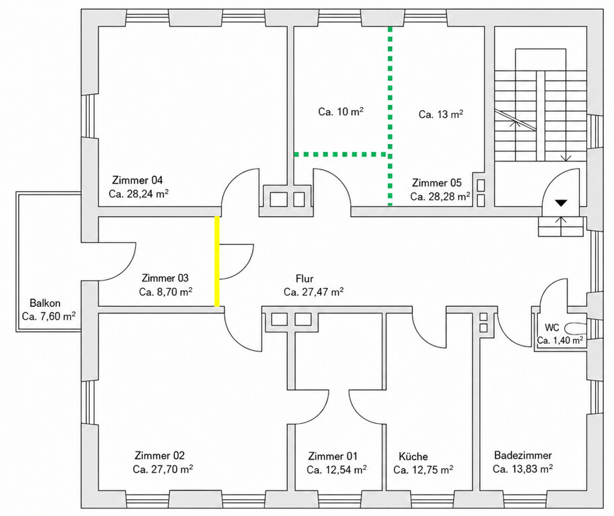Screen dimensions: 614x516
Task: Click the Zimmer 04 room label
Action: (137, 180)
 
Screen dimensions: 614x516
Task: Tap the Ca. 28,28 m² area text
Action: (440, 196)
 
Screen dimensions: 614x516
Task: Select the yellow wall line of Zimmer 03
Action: (217, 261)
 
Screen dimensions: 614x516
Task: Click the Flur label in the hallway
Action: (305, 279)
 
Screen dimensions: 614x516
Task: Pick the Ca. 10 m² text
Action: (341, 112)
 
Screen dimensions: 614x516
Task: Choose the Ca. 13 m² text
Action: (441, 114)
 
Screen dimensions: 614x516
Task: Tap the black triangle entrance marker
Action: (561, 203)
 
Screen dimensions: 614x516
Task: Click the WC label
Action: (552, 327)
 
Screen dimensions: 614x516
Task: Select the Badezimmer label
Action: (522, 455)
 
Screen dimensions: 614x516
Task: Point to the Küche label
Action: (413, 457)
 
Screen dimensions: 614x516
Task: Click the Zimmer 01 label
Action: (333, 456)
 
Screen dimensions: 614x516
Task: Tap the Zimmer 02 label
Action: (160, 455)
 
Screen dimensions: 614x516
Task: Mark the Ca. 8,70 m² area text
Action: (166, 292)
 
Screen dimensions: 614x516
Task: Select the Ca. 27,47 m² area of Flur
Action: (314, 292)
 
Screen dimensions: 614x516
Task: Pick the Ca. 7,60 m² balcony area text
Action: (49, 316)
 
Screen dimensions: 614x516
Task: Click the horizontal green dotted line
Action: (341, 155)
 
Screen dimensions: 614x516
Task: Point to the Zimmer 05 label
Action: (437, 183)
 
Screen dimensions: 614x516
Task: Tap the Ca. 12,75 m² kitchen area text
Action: (423, 470)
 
